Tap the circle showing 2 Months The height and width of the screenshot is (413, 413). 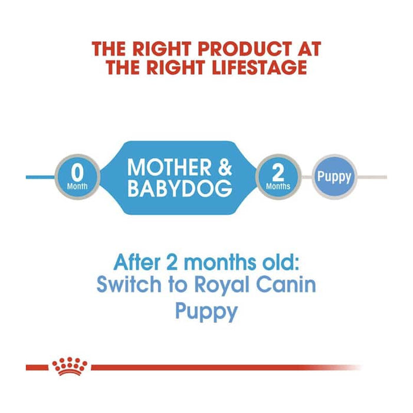(x=278, y=177)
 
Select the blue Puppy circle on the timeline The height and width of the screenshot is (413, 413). (x=334, y=176)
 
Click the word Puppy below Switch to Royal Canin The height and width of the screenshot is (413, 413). (x=206, y=312)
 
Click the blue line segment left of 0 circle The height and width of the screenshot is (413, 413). (x=41, y=177)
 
